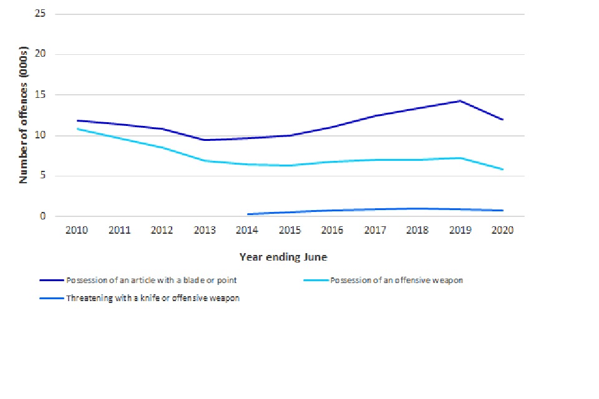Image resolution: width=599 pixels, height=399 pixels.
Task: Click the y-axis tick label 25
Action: click(x=41, y=14)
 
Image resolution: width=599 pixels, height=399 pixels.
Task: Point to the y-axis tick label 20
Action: click(x=41, y=54)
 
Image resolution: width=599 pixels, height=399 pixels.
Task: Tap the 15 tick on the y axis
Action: click(x=41, y=95)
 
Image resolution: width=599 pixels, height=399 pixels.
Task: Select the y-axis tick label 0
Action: click(x=43, y=216)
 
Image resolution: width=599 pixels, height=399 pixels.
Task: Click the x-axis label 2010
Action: click(x=77, y=230)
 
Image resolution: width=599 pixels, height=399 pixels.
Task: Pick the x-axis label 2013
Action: click(x=205, y=230)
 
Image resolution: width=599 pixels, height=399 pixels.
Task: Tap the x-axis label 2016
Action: click(x=332, y=230)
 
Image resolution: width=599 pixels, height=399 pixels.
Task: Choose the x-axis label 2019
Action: click(x=460, y=230)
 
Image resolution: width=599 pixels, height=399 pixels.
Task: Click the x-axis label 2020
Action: click(x=502, y=230)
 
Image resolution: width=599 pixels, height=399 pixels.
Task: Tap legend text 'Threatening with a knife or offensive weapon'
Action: click(x=152, y=298)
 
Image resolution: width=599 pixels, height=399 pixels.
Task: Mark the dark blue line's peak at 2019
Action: click(x=460, y=100)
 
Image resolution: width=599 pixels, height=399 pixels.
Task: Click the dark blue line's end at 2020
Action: click(x=502, y=120)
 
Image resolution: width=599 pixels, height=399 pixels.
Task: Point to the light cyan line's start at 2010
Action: click(x=77, y=129)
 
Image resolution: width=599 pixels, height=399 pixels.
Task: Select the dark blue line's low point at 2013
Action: click(x=205, y=140)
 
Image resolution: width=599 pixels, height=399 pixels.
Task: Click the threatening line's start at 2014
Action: click(x=248, y=214)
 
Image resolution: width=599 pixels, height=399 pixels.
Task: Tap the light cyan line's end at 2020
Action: click(x=502, y=170)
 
